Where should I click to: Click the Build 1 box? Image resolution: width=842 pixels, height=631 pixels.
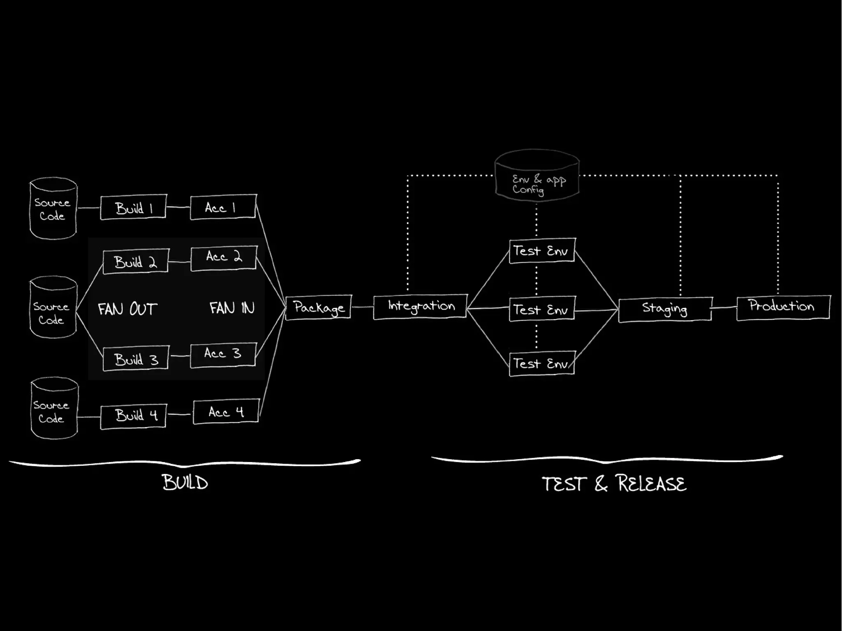(x=134, y=207)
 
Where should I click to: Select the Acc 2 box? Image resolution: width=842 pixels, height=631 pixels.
(x=224, y=258)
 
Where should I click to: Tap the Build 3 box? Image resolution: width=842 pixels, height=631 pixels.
(x=136, y=358)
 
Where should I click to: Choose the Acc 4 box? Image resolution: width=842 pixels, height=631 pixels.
(x=226, y=411)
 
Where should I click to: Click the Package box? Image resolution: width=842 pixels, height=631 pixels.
(x=319, y=307)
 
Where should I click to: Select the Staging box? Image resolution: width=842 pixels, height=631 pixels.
(x=665, y=309)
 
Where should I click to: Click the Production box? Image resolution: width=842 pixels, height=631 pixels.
(x=783, y=307)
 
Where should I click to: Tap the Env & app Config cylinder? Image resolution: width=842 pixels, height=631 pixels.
(x=537, y=177)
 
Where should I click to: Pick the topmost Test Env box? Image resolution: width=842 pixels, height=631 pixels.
(x=541, y=250)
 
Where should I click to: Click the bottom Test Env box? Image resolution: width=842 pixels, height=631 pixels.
(x=541, y=363)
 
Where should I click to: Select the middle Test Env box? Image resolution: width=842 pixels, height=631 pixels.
(x=541, y=310)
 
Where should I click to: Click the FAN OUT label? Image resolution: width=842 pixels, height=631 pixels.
(x=127, y=309)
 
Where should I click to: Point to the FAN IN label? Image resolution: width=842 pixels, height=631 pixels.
(x=232, y=308)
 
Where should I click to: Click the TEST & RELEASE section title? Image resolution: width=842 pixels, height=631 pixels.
(x=614, y=483)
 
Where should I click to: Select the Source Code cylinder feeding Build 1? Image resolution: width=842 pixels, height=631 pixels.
(x=53, y=208)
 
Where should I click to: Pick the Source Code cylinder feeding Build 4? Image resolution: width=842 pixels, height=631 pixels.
(x=54, y=409)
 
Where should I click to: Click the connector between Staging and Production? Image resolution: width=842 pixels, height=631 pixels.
(x=724, y=307)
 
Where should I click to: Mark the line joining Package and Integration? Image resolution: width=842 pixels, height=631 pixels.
(x=362, y=307)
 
